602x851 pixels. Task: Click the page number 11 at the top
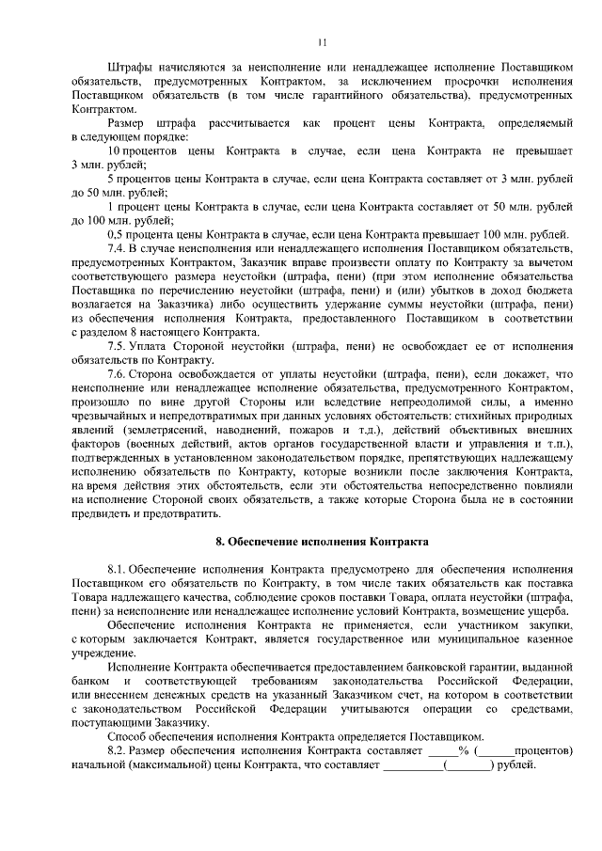[x=323, y=42]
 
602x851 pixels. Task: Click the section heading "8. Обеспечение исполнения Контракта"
[x=322, y=543]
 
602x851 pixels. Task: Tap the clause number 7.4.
[x=119, y=247]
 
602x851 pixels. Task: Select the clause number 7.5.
[x=119, y=347]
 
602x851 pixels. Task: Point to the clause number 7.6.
[x=119, y=373]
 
